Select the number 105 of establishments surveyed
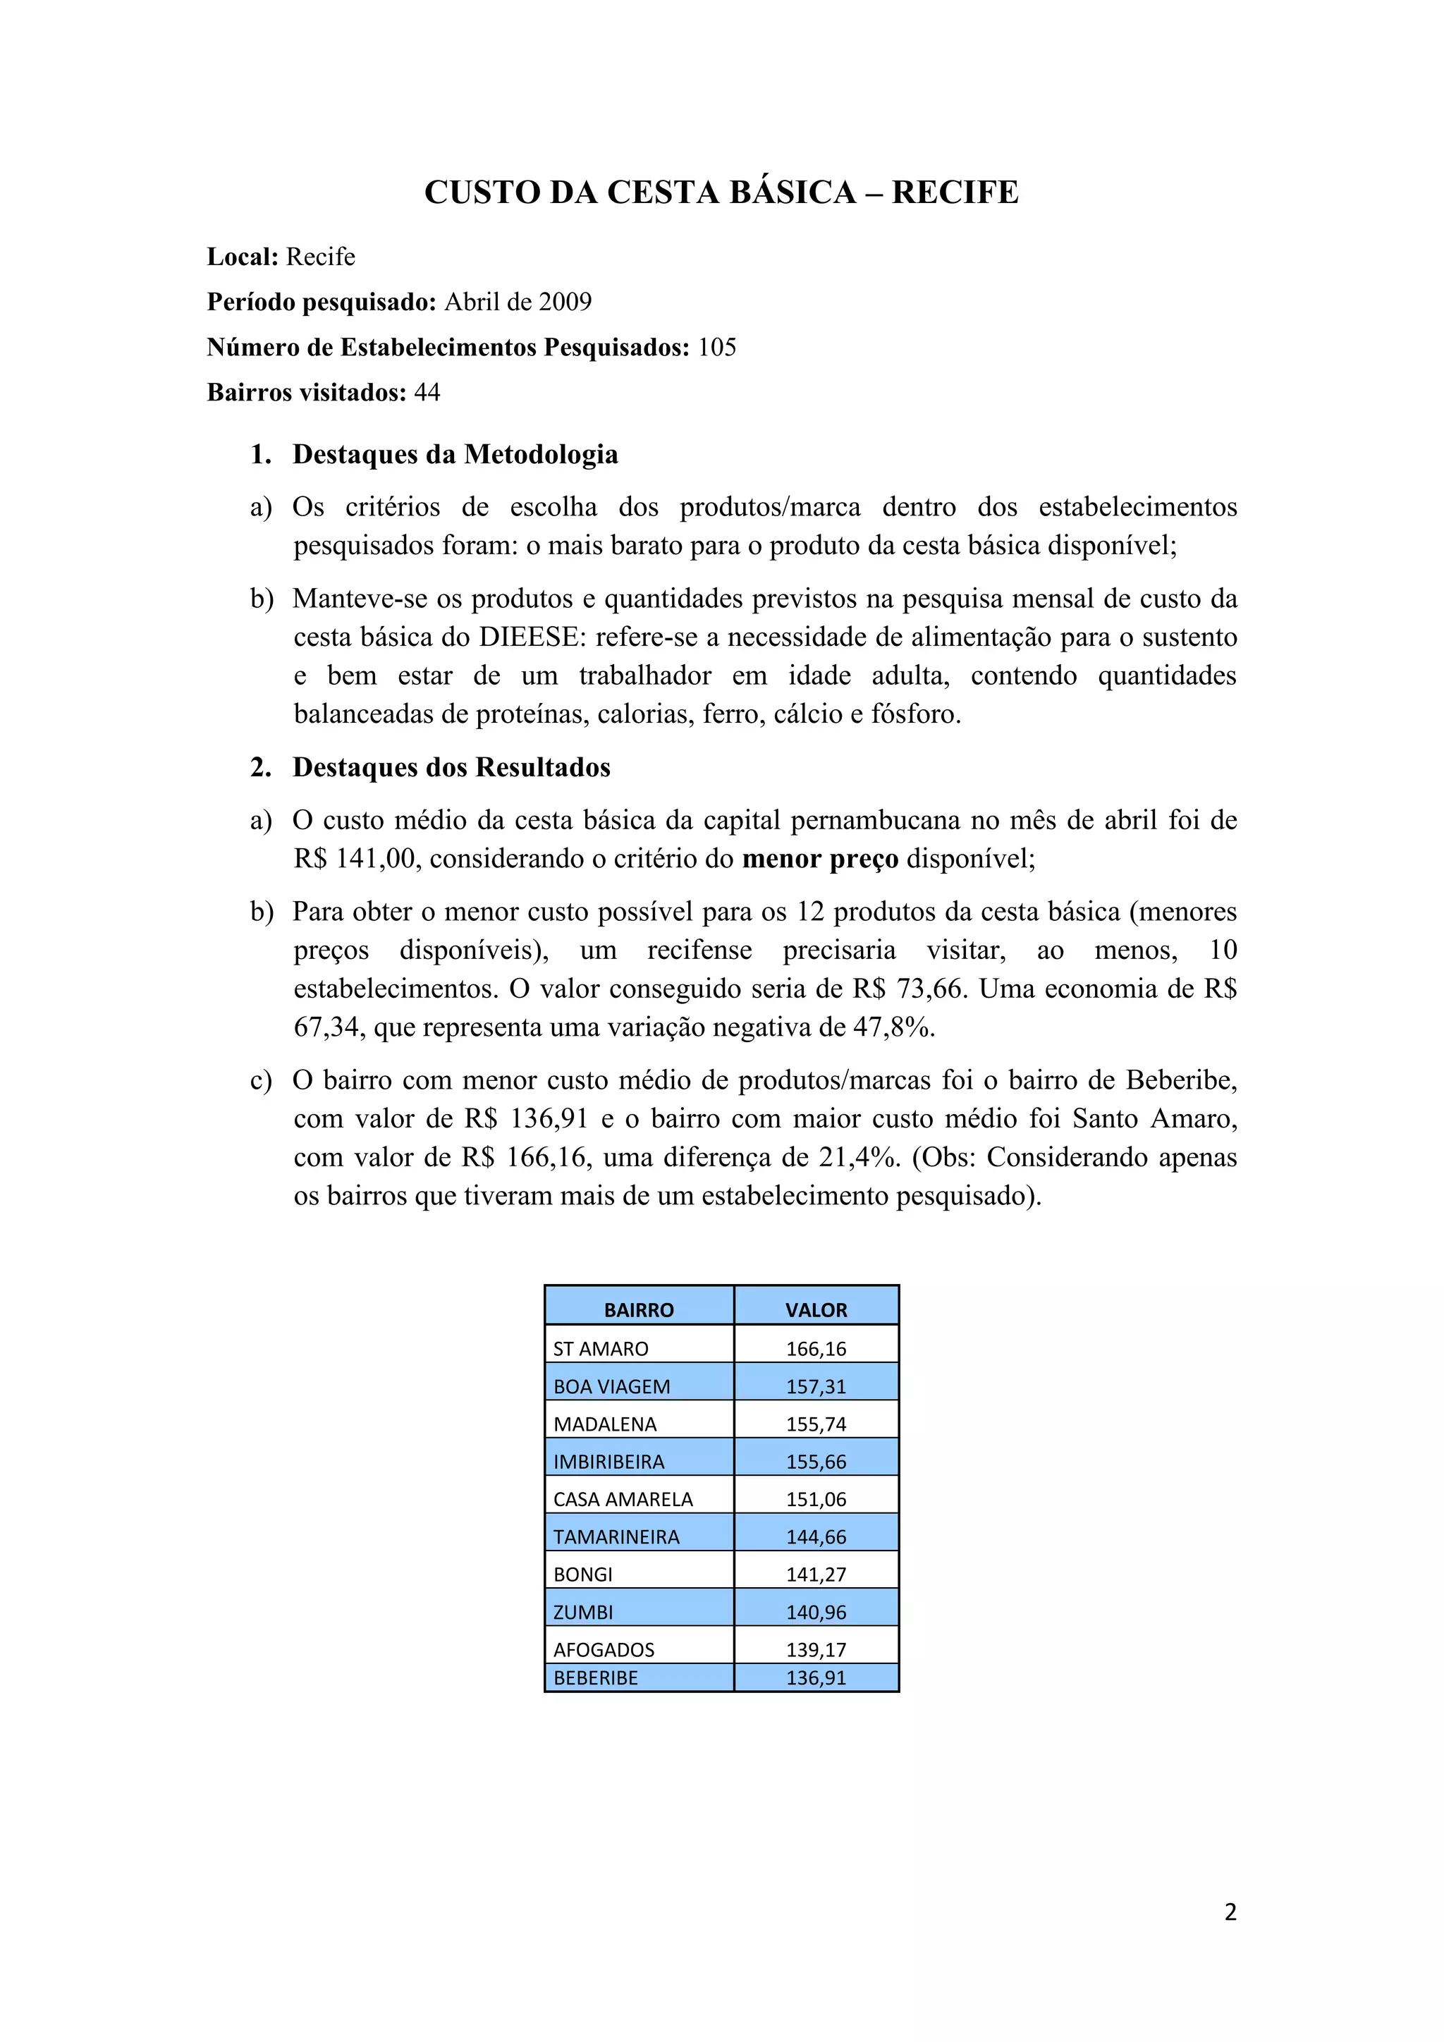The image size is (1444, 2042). (716, 347)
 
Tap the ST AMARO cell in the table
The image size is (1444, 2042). (600, 1349)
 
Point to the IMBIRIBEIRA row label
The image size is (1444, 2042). (608, 1462)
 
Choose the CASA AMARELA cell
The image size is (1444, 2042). (623, 1500)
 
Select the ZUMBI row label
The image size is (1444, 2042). (582, 1613)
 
